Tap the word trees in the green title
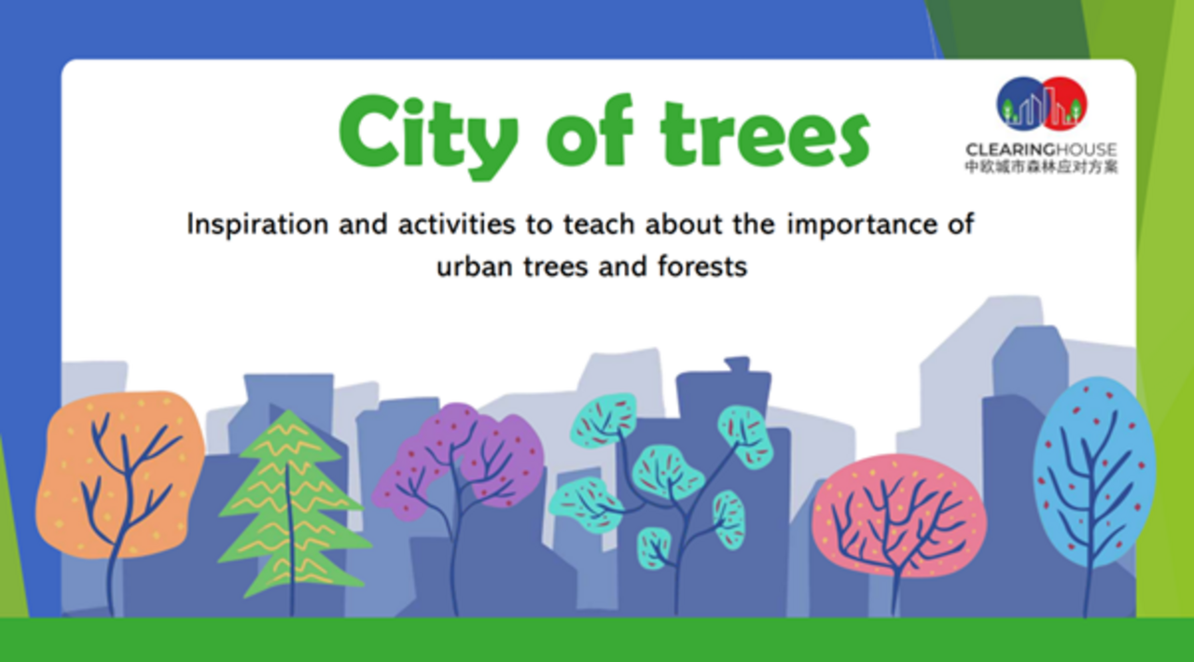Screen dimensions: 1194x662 pyautogui.click(x=765, y=133)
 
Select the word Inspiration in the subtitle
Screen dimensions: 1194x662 pyautogui.click(x=257, y=225)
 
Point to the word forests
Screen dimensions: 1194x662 pyautogui.click(x=702, y=266)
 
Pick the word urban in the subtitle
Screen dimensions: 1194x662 pyautogui.click(x=475, y=266)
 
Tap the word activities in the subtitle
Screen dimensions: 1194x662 pyautogui.click(x=456, y=224)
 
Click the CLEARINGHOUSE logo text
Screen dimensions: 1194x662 pyautogui.click(x=1041, y=150)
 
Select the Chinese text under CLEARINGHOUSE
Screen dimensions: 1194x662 pyautogui.click(x=1041, y=167)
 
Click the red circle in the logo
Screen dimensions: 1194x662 pyautogui.click(x=1064, y=103)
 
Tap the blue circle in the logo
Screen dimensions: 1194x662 pyautogui.click(x=1020, y=103)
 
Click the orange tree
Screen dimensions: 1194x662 pyautogui.click(x=120, y=476)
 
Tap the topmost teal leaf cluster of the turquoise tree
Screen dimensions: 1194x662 pyautogui.click(x=604, y=419)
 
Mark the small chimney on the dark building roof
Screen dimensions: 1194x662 pyautogui.click(x=737, y=365)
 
